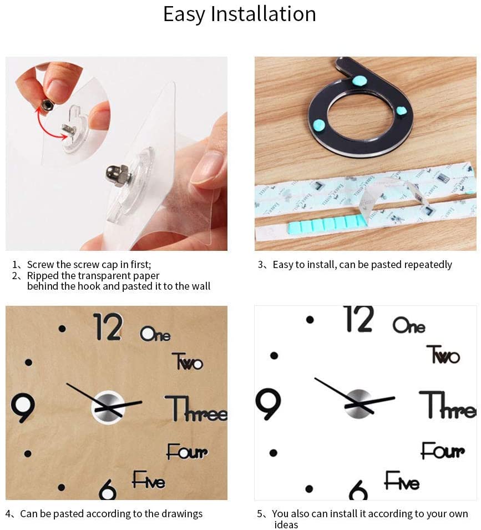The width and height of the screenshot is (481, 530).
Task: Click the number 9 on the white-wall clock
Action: pyautogui.click(x=269, y=403)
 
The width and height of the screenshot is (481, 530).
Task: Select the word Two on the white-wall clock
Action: pyautogui.click(x=443, y=354)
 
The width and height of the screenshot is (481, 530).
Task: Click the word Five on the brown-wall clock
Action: pyautogui.click(x=148, y=480)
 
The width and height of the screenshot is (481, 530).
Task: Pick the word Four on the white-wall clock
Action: pyautogui.click(x=442, y=451)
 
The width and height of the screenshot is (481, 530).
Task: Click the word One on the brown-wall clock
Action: pyautogui.click(x=155, y=334)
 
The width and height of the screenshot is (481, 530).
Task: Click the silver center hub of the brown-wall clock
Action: pyautogui.click(x=108, y=406)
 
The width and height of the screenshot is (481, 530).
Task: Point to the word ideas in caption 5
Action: pyautogui.click(x=286, y=524)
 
